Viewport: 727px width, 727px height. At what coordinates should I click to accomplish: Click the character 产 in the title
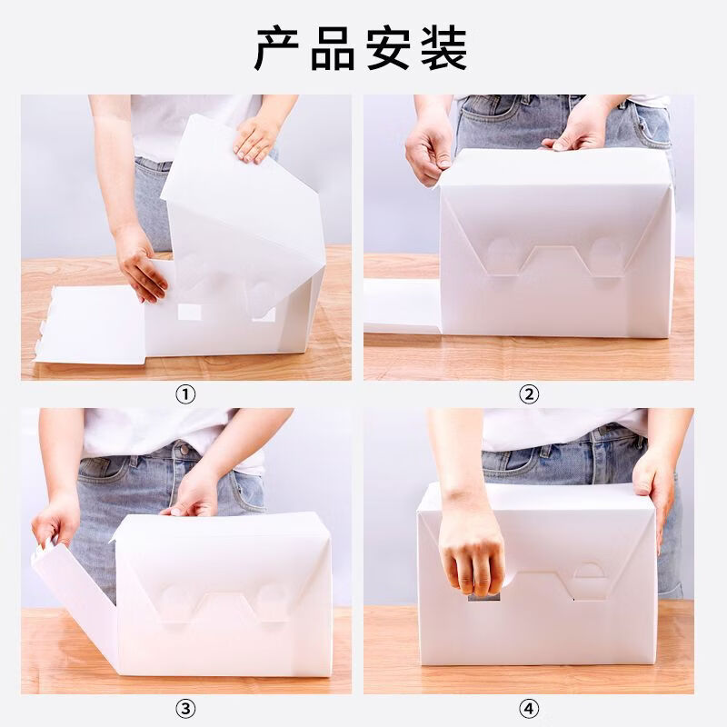click(277, 49)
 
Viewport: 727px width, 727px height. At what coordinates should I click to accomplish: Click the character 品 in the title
click(333, 49)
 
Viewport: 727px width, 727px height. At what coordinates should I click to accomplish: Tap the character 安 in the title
click(389, 49)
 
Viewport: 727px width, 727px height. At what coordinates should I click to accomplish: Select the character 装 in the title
click(444, 49)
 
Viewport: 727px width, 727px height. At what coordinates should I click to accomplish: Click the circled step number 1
click(185, 394)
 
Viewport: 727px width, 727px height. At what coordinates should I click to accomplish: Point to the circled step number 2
click(529, 394)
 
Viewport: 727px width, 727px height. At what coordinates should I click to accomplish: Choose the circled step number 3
click(185, 709)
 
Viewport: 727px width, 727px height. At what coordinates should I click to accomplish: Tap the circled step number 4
click(529, 709)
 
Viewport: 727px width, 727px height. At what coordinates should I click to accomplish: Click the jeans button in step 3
click(184, 449)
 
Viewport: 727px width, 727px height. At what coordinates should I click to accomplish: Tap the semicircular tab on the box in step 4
click(589, 571)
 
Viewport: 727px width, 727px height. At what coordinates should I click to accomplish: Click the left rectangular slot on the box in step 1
click(190, 312)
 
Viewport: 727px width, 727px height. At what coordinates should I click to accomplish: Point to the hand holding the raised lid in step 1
click(255, 139)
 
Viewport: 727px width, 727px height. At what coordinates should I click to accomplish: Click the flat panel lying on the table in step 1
click(90, 324)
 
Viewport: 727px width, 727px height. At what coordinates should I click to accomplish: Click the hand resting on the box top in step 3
click(191, 495)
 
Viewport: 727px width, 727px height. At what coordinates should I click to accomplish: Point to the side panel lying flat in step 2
click(402, 306)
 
